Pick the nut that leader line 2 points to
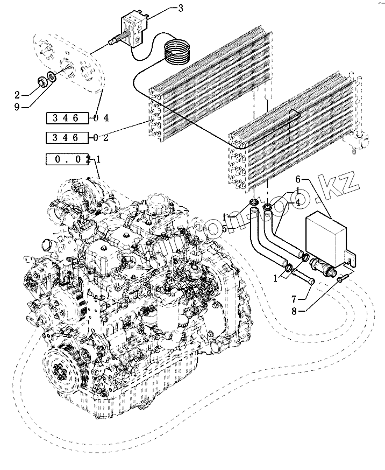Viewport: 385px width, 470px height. point(41,82)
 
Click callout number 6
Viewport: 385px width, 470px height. point(299,179)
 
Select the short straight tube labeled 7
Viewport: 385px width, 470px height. point(305,277)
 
